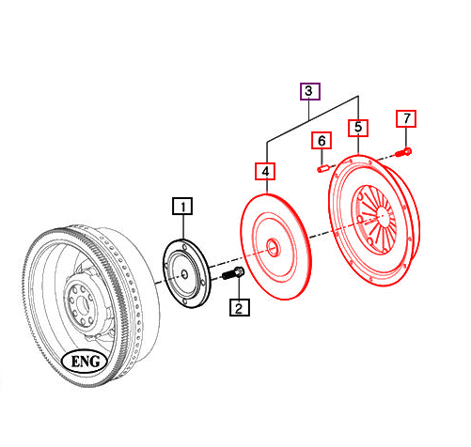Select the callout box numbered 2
point(239,306)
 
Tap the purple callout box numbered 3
point(310,91)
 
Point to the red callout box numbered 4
point(266,171)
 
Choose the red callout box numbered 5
point(358,126)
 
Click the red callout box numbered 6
point(322,141)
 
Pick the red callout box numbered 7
point(406,118)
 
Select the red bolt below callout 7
point(404,150)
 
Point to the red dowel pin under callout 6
point(322,168)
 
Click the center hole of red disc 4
point(272,248)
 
